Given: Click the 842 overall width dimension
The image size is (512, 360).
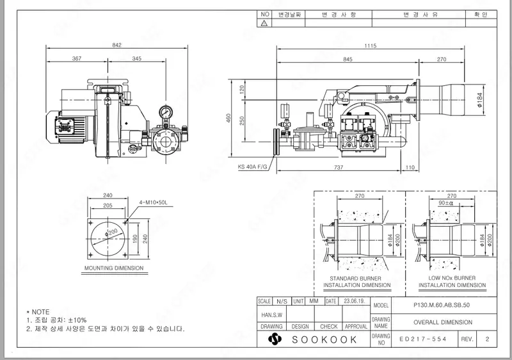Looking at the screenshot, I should tap(116, 45).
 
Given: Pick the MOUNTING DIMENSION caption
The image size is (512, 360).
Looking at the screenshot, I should tap(114, 268).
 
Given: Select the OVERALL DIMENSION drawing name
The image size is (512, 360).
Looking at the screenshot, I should tap(443, 322).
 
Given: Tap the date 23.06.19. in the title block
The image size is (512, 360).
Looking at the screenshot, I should tap(354, 300).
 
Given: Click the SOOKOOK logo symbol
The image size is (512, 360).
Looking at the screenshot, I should tap(275, 339).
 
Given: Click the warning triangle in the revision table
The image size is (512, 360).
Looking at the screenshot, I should tap(264, 22).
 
